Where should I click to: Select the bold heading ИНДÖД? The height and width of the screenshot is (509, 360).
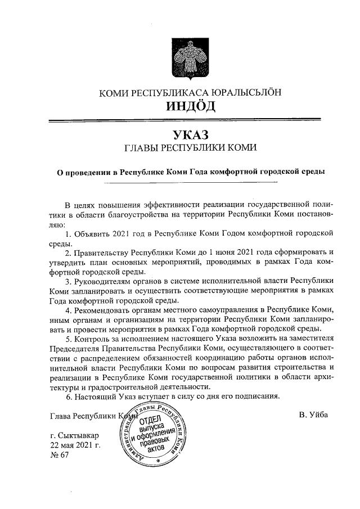click(190, 106)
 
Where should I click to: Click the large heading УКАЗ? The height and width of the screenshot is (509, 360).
click(190, 135)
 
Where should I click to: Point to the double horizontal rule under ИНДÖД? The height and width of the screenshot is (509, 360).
click(190, 120)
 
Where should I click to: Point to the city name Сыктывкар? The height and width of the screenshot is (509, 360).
click(75, 436)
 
